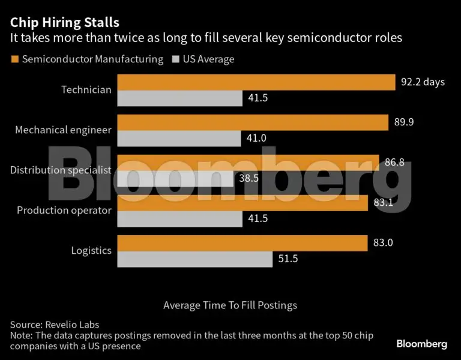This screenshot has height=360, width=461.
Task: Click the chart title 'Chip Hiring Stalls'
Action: click(x=65, y=22)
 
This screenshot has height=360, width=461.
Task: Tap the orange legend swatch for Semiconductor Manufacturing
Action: click(x=14, y=59)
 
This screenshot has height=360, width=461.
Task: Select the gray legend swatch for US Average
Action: click(x=175, y=59)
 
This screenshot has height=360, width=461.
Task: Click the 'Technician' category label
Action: click(x=86, y=90)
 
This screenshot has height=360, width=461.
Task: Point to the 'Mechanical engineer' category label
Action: click(x=63, y=130)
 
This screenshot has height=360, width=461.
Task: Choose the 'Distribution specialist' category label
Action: click(x=61, y=170)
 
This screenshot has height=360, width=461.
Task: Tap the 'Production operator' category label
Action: click(x=64, y=210)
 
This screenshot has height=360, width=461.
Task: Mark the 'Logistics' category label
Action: click(x=91, y=250)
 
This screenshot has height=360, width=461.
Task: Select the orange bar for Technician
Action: click(x=255, y=82)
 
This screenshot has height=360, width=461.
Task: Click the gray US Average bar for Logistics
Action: click(x=194, y=259)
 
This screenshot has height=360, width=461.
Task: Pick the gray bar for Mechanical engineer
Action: click(x=179, y=138)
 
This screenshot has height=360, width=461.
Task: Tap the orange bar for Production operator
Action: click(x=243, y=203)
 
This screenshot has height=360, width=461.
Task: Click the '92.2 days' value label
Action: click(x=423, y=82)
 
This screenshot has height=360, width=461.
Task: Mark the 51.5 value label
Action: click(x=287, y=259)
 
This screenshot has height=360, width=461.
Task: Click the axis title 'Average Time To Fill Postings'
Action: click(x=230, y=305)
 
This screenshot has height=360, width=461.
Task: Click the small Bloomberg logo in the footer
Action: click(x=421, y=344)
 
